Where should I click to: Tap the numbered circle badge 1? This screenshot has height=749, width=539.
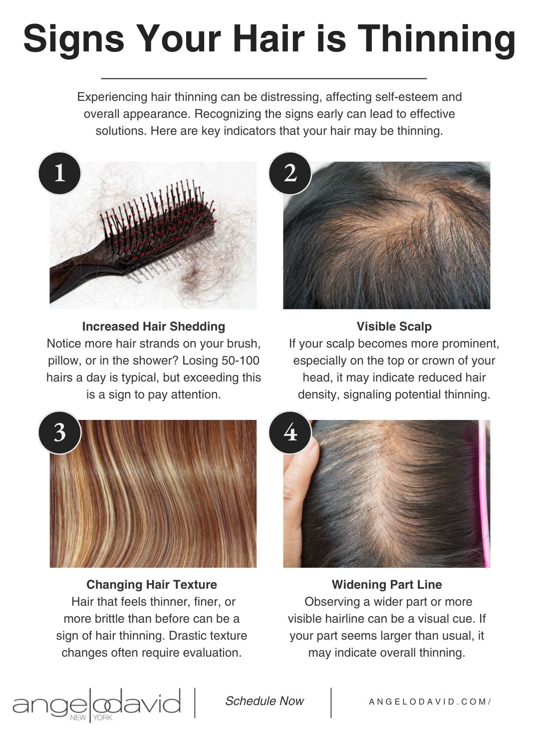(x=60, y=173)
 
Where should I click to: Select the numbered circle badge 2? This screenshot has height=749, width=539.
(x=290, y=173)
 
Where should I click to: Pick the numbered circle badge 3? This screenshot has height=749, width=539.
(x=60, y=432)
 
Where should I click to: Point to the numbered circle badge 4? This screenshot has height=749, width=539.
(x=290, y=432)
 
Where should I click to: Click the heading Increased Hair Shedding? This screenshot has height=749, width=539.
(x=154, y=327)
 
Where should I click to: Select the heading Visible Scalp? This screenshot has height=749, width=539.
(x=394, y=327)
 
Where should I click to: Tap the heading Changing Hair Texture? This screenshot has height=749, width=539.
(x=152, y=585)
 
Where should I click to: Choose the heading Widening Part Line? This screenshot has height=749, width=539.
(x=387, y=585)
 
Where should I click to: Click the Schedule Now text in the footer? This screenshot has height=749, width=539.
(x=265, y=701)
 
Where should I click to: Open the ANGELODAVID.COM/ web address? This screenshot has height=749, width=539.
(x=430, y=702)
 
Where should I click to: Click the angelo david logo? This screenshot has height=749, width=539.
(x=97, y=704)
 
